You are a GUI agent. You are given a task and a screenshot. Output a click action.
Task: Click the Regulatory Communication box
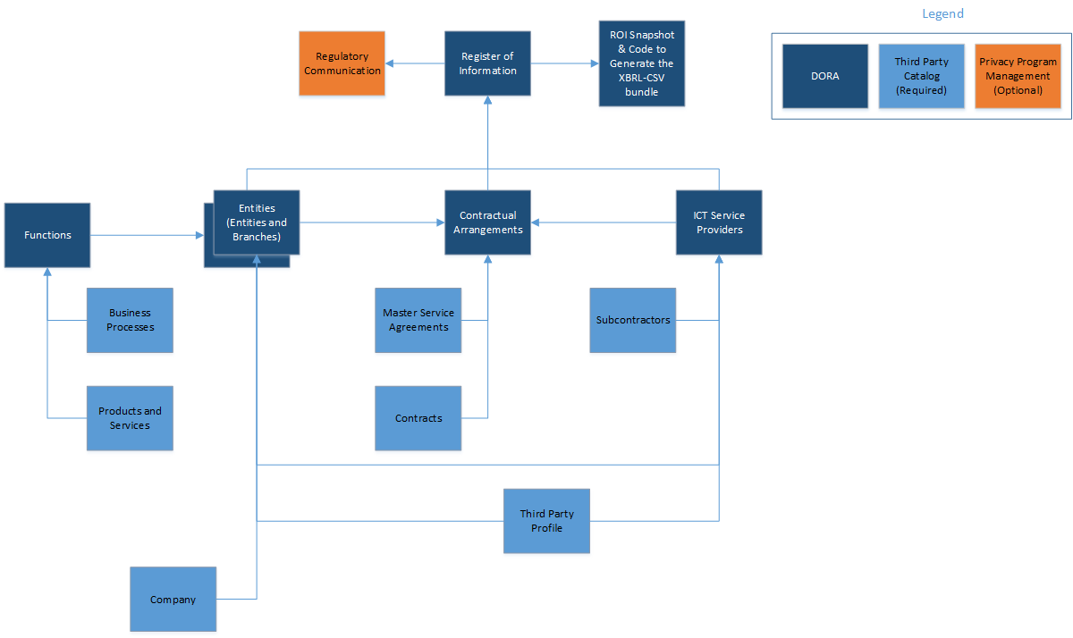coord(342,63)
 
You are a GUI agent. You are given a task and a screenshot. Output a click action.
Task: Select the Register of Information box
coord(487,63)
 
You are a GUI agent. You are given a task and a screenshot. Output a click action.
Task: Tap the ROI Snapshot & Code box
coord(642,63)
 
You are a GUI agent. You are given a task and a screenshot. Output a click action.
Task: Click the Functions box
coord(47,235)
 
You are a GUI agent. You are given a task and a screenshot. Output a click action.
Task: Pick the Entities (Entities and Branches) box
coord(257,222)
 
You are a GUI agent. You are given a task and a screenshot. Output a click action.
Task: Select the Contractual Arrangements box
coord(487,222)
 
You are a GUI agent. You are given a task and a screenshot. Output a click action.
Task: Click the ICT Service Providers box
coord(719,222)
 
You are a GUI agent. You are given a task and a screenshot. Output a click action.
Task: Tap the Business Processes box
coord(130,320)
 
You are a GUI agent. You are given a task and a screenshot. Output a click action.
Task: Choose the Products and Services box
coord(130,418)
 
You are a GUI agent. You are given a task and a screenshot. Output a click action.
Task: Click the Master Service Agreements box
coord(418,320)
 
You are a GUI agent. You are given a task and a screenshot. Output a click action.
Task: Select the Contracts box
coord(418,418)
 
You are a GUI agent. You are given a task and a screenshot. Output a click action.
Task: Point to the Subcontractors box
coord(633,320)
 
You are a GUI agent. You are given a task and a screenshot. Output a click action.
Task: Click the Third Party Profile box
coord(546,521)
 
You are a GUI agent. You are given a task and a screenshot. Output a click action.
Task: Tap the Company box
coord(173,600)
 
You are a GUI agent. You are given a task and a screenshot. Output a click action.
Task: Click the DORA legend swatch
coord(824,76)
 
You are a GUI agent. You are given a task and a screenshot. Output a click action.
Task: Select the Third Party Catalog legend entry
coord(921,76)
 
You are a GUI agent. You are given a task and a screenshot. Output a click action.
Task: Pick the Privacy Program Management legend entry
coord(1018,76)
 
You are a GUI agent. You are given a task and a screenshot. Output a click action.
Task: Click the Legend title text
coord(942,14)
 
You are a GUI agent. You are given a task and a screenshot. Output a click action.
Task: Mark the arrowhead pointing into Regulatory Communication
coord(391,63)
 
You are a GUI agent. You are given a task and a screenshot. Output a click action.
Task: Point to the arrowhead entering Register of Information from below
coord(487,101)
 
